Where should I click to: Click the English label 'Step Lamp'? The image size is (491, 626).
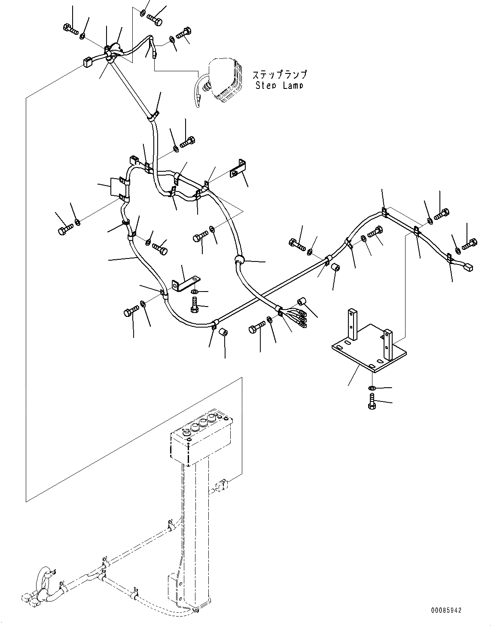click(x=279, y=85)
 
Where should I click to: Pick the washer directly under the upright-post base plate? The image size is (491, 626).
click(x=372, y=388)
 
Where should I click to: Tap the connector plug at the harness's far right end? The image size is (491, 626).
click(x=468, y=267)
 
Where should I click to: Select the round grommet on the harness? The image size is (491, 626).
click(x=239, y=260)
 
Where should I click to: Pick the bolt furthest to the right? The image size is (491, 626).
click(x=470, y=244)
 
